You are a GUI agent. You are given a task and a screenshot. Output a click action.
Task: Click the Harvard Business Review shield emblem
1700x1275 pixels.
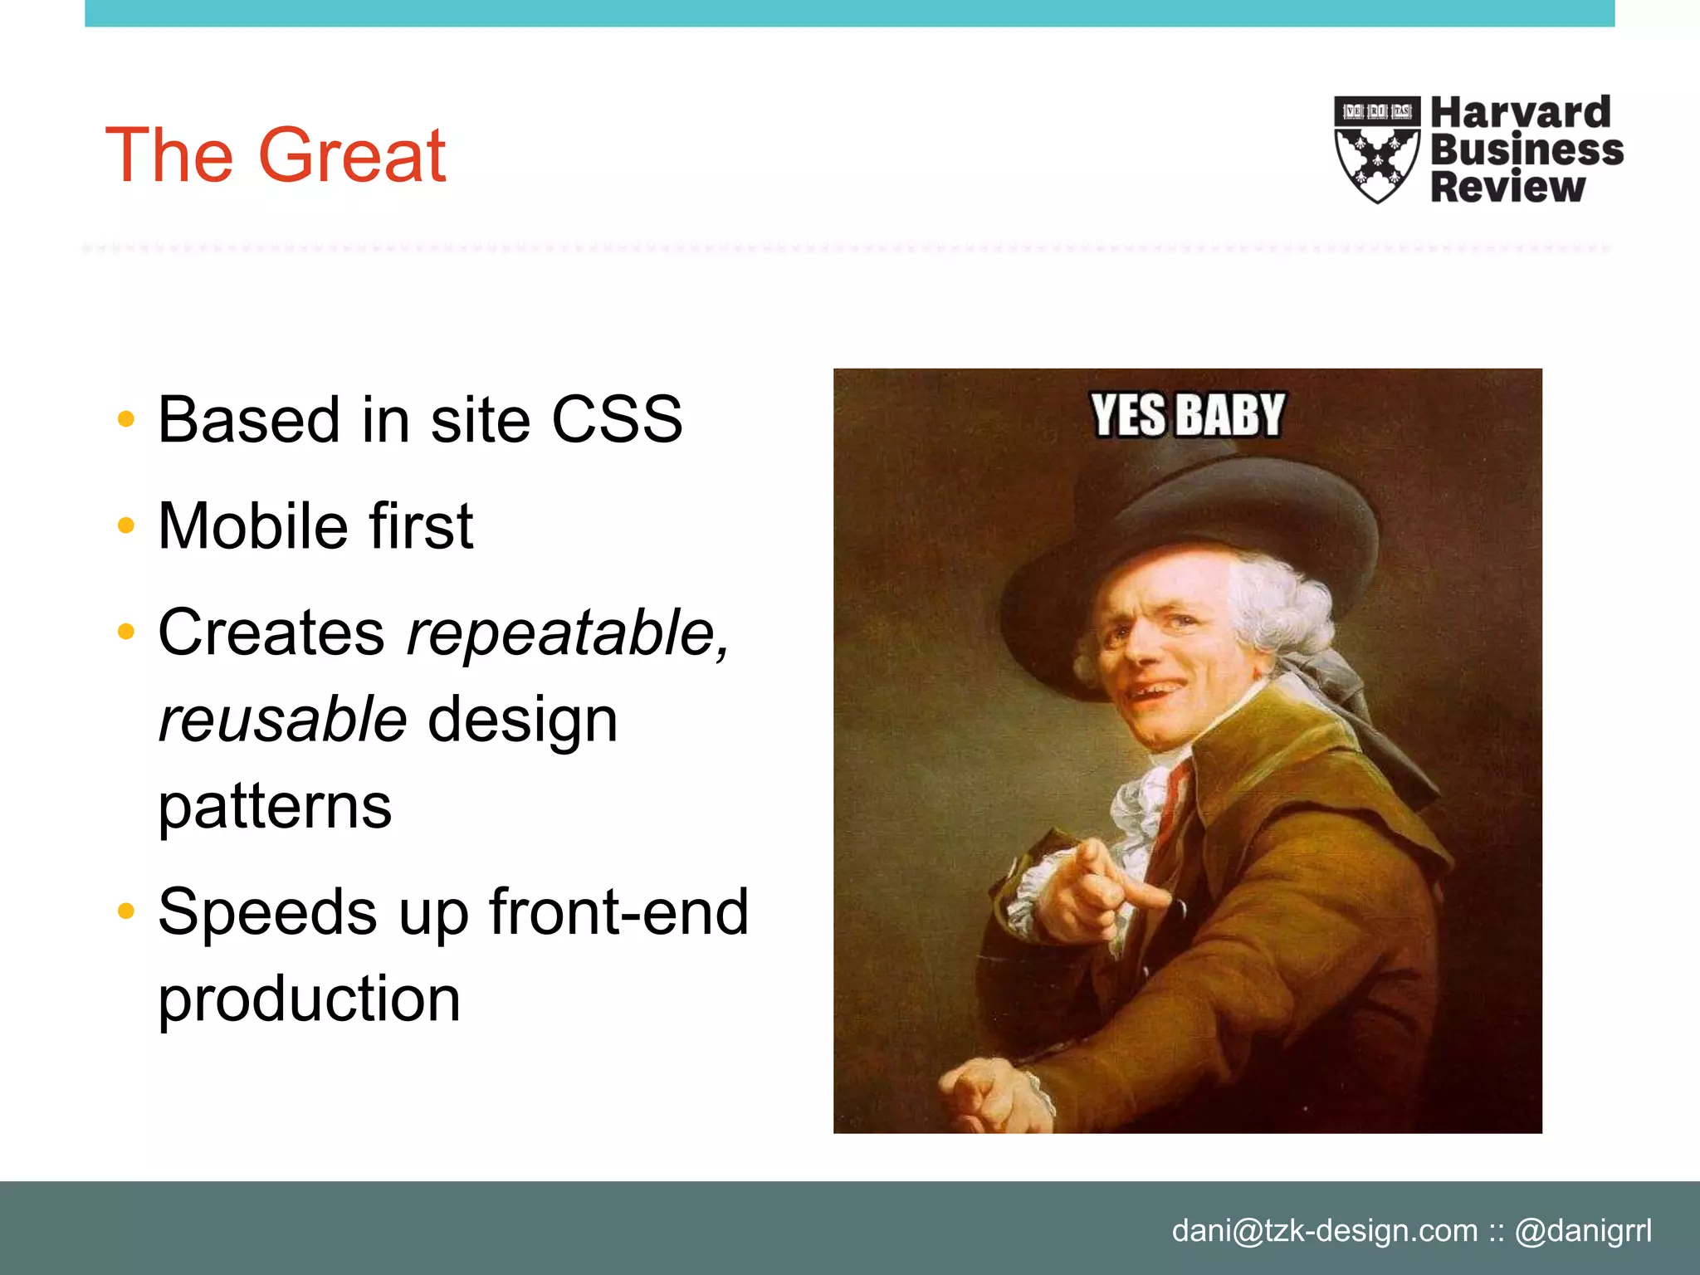pos(1376,149)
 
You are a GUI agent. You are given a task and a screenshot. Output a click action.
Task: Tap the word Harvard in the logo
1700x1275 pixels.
pos(1520,113)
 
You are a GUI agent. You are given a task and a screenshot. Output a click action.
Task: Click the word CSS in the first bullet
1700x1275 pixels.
pos(617,420)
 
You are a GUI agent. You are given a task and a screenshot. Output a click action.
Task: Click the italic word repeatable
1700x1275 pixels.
pos(568,633)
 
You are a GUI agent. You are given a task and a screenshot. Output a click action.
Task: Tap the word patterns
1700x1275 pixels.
pos(275,806)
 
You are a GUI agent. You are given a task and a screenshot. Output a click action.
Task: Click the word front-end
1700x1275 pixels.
pos(618,912)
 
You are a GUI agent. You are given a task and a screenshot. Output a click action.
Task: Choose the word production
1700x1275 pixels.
pos(309,999)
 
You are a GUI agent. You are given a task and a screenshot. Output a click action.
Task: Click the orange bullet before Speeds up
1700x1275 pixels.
pos(126,911)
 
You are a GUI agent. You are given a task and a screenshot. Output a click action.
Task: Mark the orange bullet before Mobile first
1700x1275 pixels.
pos(126,525)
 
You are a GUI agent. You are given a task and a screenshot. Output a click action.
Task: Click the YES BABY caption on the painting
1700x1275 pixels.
pos(1187,415)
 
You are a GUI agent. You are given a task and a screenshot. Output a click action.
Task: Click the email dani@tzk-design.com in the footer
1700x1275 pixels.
pos(1324,1230)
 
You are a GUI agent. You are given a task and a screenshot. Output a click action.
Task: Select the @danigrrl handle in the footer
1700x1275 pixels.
pos(1583,1230)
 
